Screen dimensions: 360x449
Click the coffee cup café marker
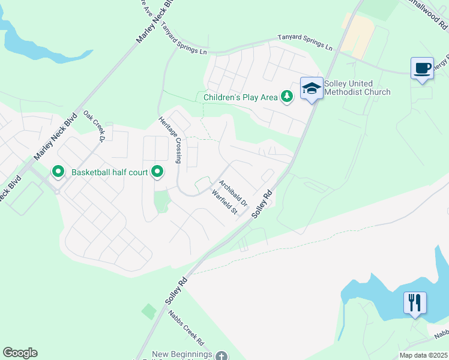[x=422, y=68]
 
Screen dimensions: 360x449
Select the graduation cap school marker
[x=312, y=89]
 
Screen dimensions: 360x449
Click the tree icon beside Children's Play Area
[x=288, y=97]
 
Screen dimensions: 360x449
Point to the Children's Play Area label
[x=241, y=97]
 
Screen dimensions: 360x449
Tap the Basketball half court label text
[x=109, y=172]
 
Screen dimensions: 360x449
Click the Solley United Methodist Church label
[x=358, y=88]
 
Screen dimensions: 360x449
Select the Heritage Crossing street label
[x=170, y=140]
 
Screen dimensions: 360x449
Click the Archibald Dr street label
[x=233, y=193]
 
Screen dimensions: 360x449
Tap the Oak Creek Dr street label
[x=94, y=125]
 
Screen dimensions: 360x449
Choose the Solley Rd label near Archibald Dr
[x=262, y=203]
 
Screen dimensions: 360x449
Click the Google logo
[x=20, y=353]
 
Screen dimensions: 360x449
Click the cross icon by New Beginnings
[x=221, y=356]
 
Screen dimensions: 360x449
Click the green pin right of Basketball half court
[x=157, y=172]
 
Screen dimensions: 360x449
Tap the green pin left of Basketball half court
[x=58, y=172]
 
